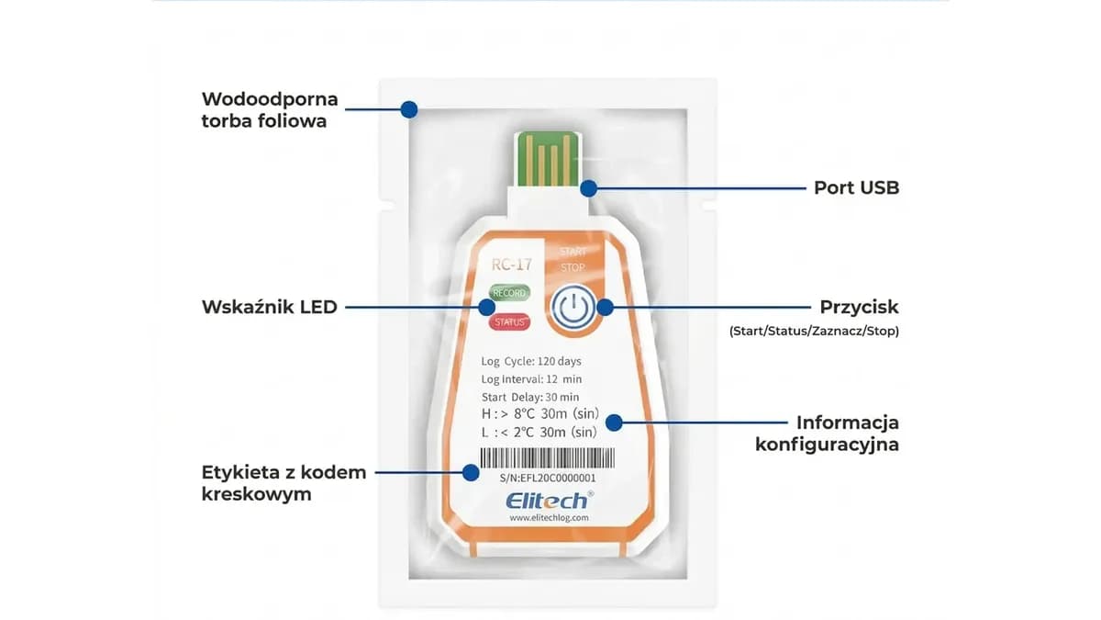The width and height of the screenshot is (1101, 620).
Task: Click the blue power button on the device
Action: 573,308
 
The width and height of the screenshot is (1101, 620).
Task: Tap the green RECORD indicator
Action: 509,293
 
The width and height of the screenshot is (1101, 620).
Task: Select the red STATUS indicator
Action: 510,322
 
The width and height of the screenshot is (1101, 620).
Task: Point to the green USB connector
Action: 548,158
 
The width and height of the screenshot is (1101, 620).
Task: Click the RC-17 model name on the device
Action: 512,265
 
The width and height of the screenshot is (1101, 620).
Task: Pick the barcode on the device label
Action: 547,458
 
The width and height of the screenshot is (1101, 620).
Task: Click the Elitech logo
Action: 549,501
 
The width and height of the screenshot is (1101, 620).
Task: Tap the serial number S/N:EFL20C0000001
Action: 548,478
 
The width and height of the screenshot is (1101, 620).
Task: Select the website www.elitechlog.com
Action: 549,518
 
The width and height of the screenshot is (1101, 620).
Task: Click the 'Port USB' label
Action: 857,187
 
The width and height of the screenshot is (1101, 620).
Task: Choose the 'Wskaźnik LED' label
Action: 270,307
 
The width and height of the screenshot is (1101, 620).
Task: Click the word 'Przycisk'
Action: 859,308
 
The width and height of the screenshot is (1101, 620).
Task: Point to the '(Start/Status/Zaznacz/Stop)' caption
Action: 814,331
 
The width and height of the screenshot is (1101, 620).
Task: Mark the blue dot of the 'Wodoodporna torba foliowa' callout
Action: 409,109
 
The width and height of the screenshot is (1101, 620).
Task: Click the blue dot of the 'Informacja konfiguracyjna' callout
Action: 614,423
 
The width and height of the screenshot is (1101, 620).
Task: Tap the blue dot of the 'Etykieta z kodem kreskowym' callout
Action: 471,472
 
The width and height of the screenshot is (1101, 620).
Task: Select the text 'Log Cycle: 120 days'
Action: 531,361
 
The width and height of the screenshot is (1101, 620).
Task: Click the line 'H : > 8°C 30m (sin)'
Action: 540,413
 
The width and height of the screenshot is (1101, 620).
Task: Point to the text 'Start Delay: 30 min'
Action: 530,397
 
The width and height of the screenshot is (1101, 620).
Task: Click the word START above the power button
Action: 573,252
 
